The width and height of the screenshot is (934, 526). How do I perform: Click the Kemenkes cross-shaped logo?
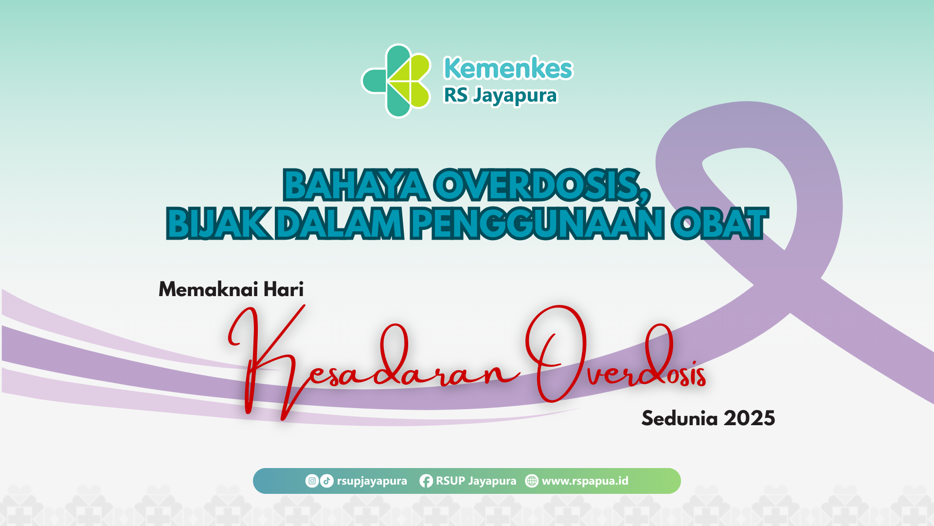coord(396,81)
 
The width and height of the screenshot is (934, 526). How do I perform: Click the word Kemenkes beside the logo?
coord(508,68)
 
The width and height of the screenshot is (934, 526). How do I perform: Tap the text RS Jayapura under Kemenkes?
coord(500,95)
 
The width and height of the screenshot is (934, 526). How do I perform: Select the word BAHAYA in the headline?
coord(356,185)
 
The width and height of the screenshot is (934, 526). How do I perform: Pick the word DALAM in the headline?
coord(339,224)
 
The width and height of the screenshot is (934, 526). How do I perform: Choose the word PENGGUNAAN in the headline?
coord(537,224)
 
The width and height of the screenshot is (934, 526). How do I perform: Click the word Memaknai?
coord(208,289)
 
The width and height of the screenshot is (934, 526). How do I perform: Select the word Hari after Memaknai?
coord(284,289)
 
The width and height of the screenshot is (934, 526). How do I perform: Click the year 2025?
coord(749,418)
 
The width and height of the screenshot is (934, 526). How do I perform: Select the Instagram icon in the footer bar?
coord(312,481)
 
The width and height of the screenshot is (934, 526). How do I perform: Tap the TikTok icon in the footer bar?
coord(327,481)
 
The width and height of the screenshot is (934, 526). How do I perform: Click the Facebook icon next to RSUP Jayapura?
coord(426,481)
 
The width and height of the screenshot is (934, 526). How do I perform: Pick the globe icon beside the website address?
coord(532,481)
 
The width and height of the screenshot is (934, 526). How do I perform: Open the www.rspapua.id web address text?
coord(585,481)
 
